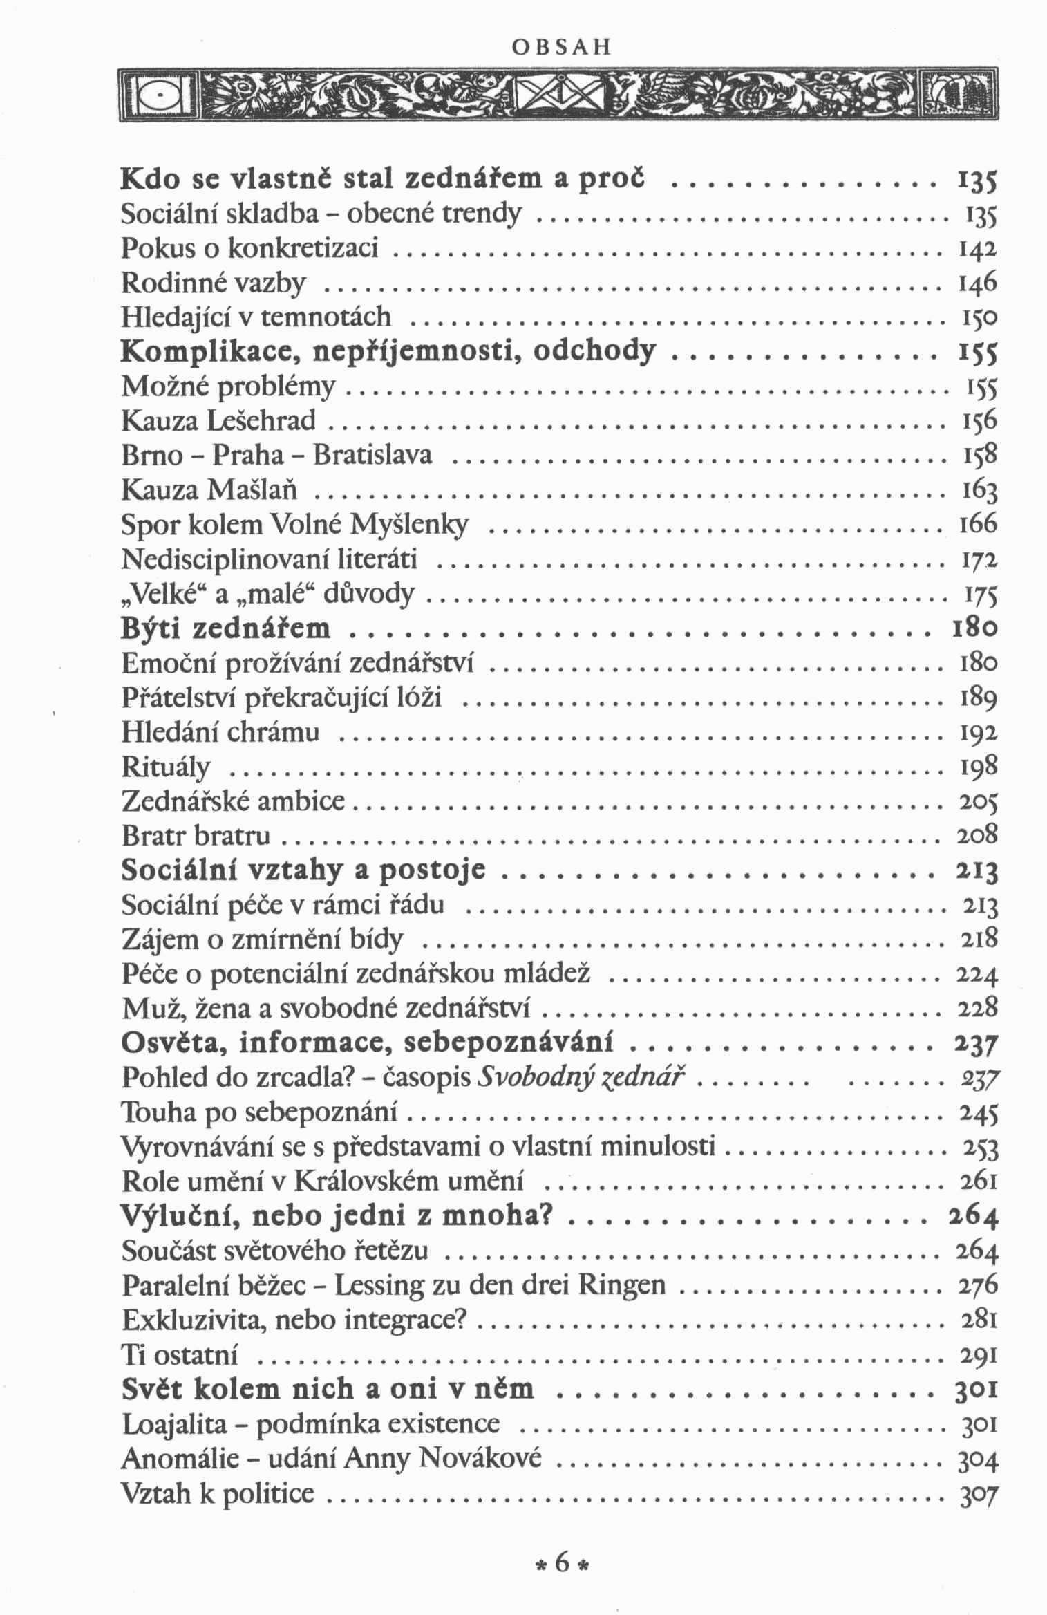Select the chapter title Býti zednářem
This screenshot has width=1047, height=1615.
point(226,628)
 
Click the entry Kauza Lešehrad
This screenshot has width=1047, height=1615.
point(218,420)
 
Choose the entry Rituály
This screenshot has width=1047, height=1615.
point(166,767)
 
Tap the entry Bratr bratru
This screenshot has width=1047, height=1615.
point(196,836)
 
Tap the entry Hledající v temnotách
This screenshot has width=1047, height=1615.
point(256,317)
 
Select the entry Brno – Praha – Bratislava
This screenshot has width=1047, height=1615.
point(277,454)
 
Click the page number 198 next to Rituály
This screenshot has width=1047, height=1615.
point(979,767)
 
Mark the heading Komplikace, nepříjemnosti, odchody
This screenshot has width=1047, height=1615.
point(387,352)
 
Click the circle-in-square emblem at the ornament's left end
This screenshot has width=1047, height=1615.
point(160,95)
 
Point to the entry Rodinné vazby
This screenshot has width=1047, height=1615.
point(214,282)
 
